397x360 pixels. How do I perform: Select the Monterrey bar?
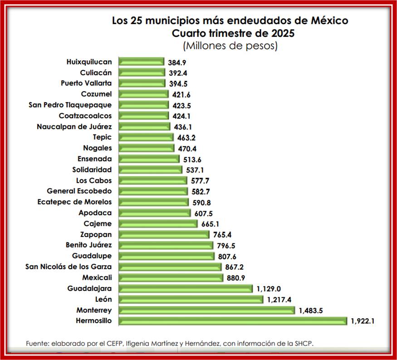[206, 310]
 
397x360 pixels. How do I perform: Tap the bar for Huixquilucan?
[141, 61]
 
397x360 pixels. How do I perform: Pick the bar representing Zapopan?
[164, 234]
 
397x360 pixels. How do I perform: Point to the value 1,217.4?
[279, 300]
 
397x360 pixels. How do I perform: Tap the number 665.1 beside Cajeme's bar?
[211, 224]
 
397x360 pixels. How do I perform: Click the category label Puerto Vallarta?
[86, 83]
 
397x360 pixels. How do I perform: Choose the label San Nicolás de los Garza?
[69, 266]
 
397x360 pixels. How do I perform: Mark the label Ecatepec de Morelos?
[74, 202]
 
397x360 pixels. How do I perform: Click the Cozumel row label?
[96, 94]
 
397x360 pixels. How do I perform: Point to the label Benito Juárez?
[89, 245]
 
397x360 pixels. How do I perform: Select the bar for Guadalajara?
[186, 288]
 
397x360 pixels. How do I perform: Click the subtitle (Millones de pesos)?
[230, 46]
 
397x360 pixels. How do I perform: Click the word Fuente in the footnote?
[38, 343]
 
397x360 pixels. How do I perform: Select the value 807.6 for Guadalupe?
[227, 256]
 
